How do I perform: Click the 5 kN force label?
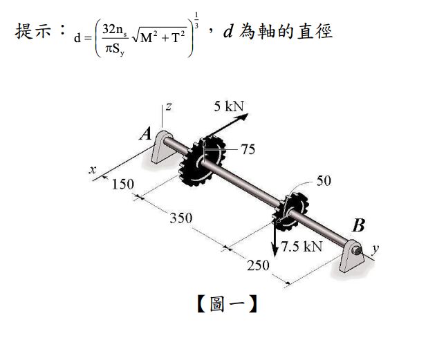pos(229,106)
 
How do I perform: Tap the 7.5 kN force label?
pos(301,246)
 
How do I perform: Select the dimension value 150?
pos(122,184)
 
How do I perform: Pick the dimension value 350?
pos(181,218)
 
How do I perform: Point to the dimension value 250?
pos(258,265)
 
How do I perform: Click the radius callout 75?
pos(248,149)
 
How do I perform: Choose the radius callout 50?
pos(324,181)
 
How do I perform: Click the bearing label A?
pos(146,133)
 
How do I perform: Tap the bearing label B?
pos(358,225)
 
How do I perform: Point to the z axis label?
pos(169,106)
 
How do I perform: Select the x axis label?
pos(93,169)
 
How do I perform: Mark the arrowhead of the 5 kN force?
pos(245,116)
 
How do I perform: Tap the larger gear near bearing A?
pos(202,161)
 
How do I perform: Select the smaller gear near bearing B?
pos(290,211)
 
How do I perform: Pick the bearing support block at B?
pos(352,256)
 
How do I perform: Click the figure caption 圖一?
pos(227,304)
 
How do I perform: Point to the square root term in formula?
pos(160,36)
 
